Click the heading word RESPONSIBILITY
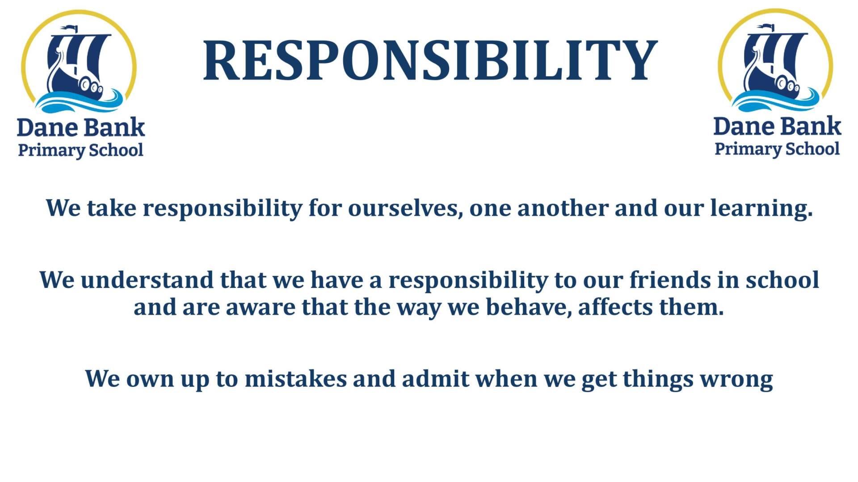pos(430,61)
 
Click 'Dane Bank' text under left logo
pos(81,128)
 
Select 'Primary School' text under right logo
pos(777,149)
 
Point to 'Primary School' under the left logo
pos(80,150)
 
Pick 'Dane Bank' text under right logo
pos(778,126)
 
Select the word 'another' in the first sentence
pos(563,208)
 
